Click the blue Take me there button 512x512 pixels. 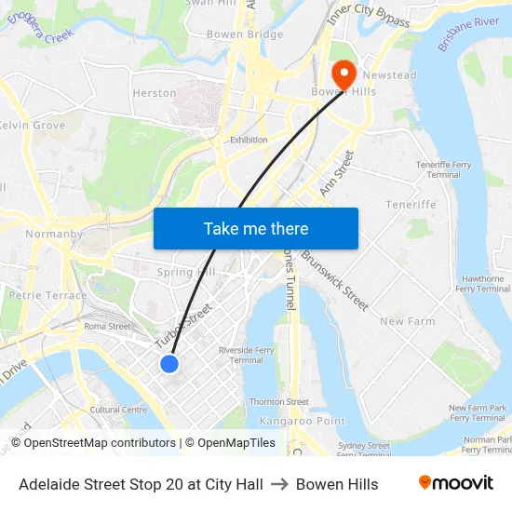pyautogui.click(x=255, y=228)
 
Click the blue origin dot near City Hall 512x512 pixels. pyautogui.click(x=169, y=363)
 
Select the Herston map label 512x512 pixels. pyautogui.click(x=155, y=93)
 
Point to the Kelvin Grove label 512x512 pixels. pyautogui.click(x=32, y=125)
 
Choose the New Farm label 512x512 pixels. pyautogui.click(x=407, y=321)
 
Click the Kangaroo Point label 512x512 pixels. pyautogui.click(x=289, y=422)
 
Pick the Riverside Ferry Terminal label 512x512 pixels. pyautogui.click(x=246, y=355)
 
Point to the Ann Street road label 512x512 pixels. pyautogui.click(x=337, y=172)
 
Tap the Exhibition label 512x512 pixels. pyautogui.click(x=249, y=140)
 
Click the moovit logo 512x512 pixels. pyautogui.click(x=455, y=483)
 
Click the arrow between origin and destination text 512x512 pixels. pyautogui.click(x=279, y=484)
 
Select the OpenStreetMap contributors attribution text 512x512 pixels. pyautogui.click(x=94, y=443)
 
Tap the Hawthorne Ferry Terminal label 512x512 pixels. pyautogui.click(x=483, y=284)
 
